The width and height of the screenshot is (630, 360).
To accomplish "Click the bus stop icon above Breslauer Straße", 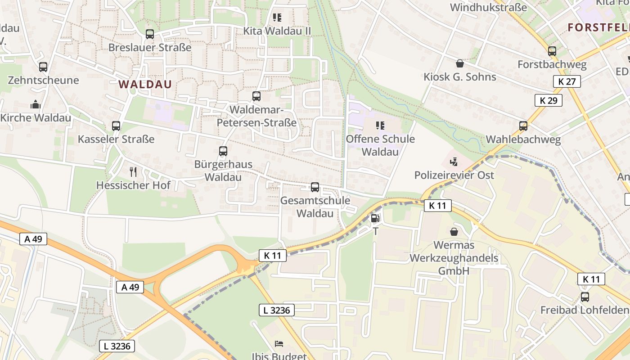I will [x=150, y=34].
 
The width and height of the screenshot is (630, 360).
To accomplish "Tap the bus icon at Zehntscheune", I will [x=43, y=67].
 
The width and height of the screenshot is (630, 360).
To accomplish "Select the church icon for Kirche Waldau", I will [x=36, y=105].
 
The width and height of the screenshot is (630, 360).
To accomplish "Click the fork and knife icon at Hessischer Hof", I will [x=133, y=172].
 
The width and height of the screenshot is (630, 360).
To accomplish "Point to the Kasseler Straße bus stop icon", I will [x=116, y=126].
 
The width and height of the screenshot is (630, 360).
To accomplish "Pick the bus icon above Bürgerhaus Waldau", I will [x=223, y=151].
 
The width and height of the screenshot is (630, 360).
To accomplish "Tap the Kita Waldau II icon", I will [x=277, y=18].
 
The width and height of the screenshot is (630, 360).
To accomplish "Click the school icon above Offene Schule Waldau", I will [x=380, y=126].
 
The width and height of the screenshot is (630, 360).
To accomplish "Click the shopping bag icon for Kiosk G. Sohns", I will [x=460, y=63].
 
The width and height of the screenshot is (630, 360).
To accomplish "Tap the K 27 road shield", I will [x=567, y=81].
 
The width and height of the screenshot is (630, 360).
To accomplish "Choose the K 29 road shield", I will [x=549, y=100].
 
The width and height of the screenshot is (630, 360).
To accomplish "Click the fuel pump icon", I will [x=375, y=219].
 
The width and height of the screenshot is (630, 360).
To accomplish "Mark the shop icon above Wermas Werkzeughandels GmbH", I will [x=454, y=232].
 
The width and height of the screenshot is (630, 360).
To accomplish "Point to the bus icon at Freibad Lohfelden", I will [x=585, y=297].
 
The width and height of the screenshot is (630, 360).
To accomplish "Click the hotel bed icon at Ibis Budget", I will [x=279, y=344].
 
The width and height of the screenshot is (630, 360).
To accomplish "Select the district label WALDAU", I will [x=145, y=84].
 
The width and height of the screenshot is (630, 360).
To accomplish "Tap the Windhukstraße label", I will [x=488, y=8].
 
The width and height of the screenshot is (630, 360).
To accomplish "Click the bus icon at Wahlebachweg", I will [x=523, y=126].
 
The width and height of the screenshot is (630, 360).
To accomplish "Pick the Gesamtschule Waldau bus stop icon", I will [x=315, y=187].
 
